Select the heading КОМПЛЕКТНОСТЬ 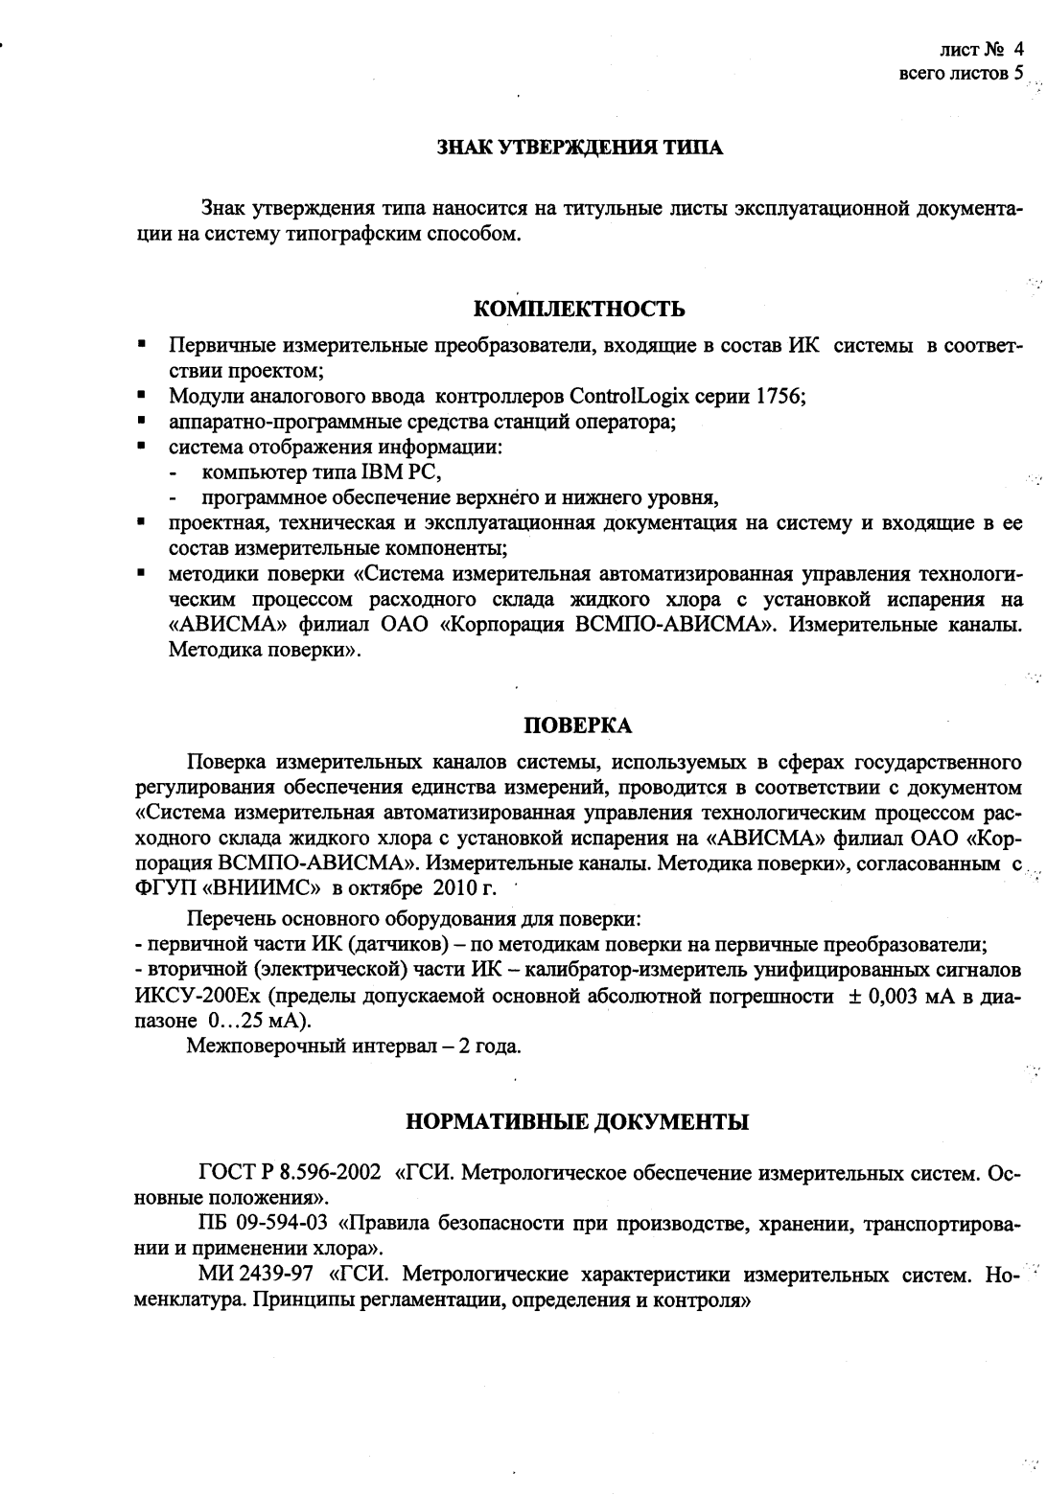pos(579,309)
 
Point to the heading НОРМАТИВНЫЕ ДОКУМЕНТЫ pos(578,1121)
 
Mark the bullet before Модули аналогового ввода pos(141,394)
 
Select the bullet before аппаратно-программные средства pos(141,421)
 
